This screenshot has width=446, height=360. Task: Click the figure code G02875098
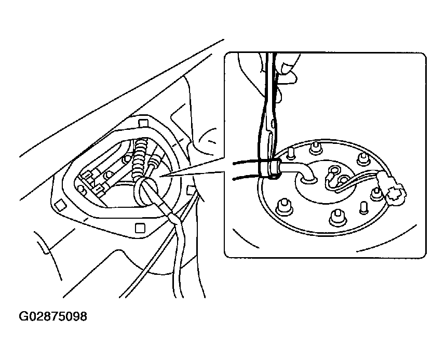click(53, 316)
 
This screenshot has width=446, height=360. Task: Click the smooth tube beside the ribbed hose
click(154, 155)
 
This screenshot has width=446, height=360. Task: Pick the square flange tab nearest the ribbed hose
click(143, 122)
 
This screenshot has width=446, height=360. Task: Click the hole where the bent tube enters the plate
click(307, 179)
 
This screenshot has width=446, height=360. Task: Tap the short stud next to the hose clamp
click(291, 152)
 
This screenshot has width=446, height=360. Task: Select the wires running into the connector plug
click(363, 179)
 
